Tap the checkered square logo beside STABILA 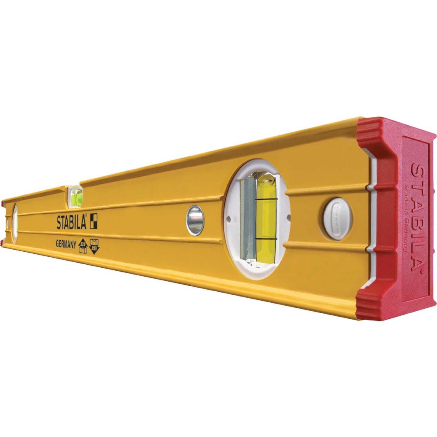click(x=93, y=221)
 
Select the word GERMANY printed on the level click(x=66, y=245)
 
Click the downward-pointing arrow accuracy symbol click(x=94, y=246)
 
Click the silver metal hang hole click(x=195, y=220)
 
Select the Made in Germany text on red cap click(x=406, y=218)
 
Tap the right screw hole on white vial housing click(x=288, y=217)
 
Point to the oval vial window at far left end click(x=15, y=223)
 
